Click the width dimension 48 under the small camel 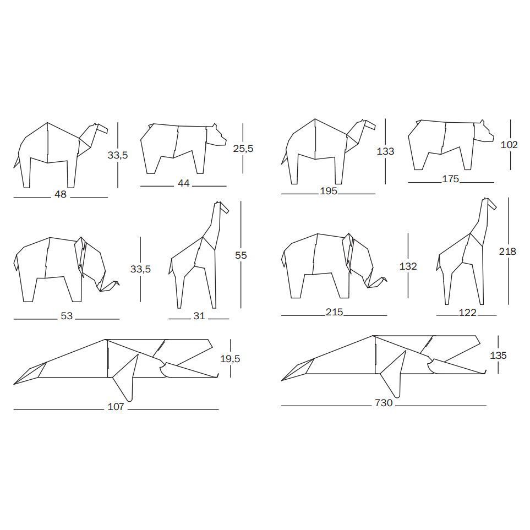point(61,194)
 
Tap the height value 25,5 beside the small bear point(243,149)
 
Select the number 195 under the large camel point(329,191)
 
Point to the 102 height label point(509,145)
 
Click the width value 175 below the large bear point(451,179)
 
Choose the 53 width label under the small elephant point(67,316)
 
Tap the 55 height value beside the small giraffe point(241,255)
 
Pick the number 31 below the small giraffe point(199,316)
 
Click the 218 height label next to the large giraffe point(507,251)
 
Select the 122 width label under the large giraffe point(467,313)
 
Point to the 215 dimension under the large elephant point(334,312)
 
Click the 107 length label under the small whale point(116,407)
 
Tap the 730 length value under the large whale point(384,403)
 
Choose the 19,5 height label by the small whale point(230,359)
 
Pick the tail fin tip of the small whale point(14,384)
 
